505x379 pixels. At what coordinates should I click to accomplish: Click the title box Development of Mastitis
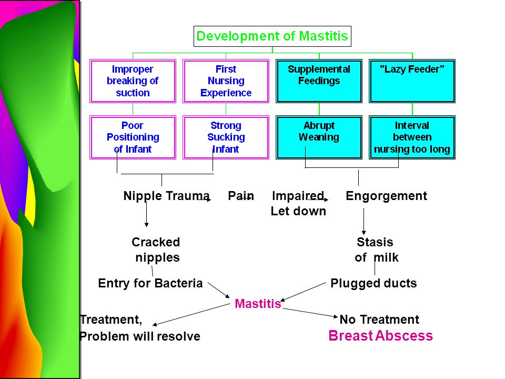click(272, 36)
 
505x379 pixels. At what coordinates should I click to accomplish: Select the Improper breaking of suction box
click(133, 81)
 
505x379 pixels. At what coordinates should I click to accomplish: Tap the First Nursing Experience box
click(226, 81)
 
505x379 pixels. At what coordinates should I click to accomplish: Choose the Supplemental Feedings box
click(319, 81)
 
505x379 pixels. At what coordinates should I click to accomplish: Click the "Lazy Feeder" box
click(412, 81)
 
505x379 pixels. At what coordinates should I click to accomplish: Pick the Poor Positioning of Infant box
click(133, 137)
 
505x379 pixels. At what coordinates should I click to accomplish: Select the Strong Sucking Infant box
click(226, 137)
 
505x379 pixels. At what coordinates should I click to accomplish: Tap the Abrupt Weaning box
click(319, 137)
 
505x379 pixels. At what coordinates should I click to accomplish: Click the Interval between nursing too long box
click(412, 137)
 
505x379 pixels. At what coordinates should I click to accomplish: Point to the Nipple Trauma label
click(167, 196)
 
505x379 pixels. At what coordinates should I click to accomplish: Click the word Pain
click(241, 196)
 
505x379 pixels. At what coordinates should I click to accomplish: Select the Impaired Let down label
click(298, 203)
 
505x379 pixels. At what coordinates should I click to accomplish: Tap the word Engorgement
click(386, 196)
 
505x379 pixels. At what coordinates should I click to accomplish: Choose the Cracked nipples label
click(156, 250)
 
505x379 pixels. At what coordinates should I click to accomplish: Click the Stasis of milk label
click(376, 250)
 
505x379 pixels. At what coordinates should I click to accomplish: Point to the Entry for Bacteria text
click(150, 283)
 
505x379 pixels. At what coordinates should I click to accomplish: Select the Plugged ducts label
click(373, 283)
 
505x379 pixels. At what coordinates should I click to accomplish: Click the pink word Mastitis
click(258, 304)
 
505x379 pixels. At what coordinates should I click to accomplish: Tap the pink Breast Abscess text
click(381, 335)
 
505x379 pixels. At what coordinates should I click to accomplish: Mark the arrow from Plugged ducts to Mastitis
click(303, 292)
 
